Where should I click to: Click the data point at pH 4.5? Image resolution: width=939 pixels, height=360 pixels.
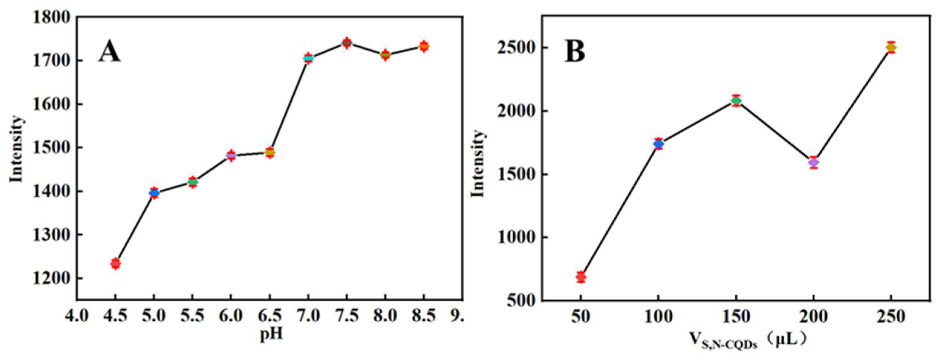[115, 263]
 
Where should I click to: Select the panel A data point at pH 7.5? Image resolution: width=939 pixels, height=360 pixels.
[347, 43]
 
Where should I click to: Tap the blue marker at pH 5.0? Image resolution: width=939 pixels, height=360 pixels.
[154, 193]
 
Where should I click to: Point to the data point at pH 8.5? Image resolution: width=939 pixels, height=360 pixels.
[424, 46]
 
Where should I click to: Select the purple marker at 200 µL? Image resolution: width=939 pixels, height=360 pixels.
[813, 162]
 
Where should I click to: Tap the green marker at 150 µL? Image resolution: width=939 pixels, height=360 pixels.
[736, 101]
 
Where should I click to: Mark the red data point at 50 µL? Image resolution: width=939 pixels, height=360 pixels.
[581, 277]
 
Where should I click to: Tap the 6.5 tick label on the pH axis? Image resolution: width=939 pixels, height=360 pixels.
[269, 316]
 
